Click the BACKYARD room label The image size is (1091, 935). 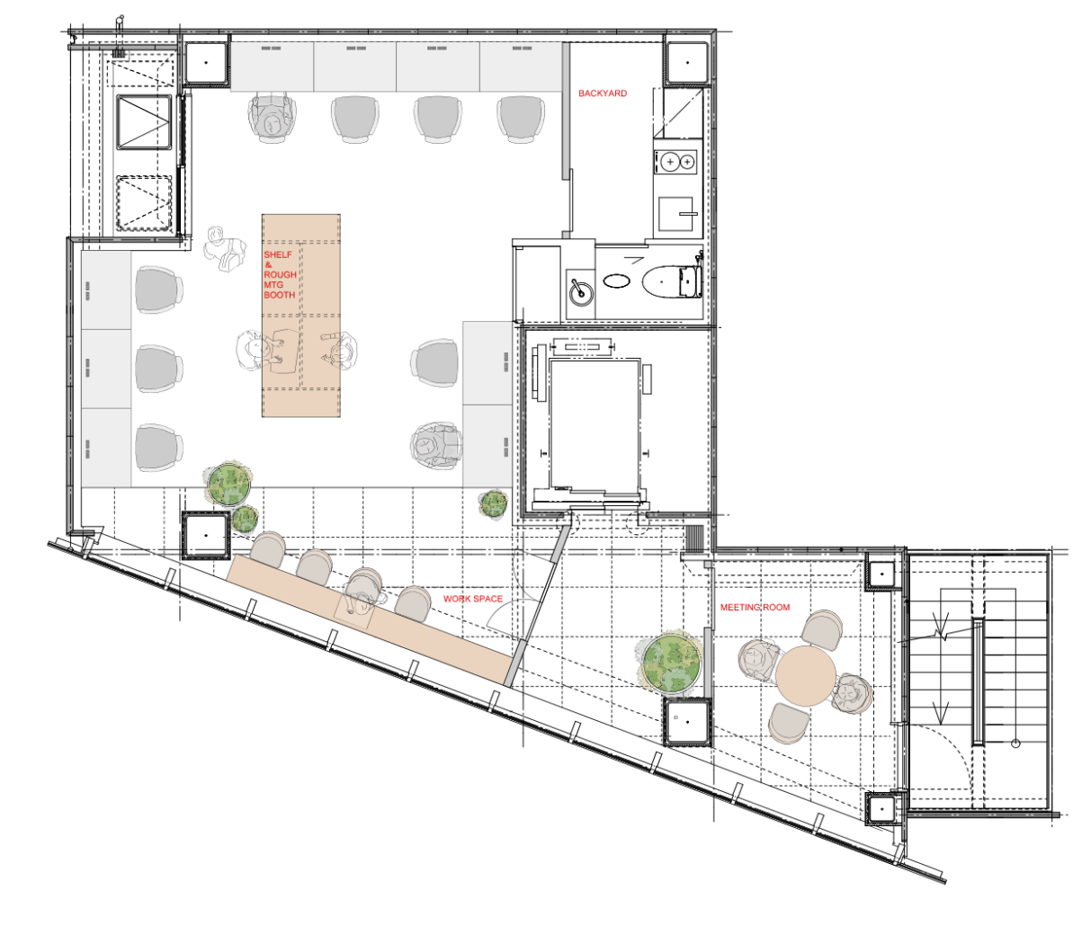point(603,93)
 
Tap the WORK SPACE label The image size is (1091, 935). point(472,599)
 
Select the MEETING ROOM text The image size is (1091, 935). point(755,608)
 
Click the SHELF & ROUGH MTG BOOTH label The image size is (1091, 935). point(280,274)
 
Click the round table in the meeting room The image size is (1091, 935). point(806,675)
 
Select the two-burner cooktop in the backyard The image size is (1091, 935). point(675,162)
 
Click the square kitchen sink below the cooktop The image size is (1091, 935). point(675,214)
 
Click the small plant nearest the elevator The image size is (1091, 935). point(494,503)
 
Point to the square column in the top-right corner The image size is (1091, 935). point(687,63)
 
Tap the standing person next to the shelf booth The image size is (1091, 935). point(225,249)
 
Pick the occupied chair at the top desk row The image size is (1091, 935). point(272,117)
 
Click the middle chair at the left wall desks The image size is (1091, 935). point(158,369)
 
